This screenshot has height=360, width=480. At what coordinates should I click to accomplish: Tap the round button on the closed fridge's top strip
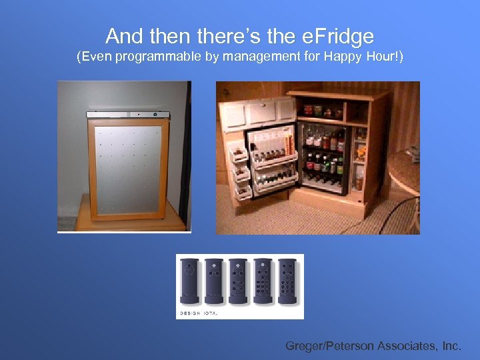tap(139, 114)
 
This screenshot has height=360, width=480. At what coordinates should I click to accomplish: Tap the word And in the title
tap(125, 35)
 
